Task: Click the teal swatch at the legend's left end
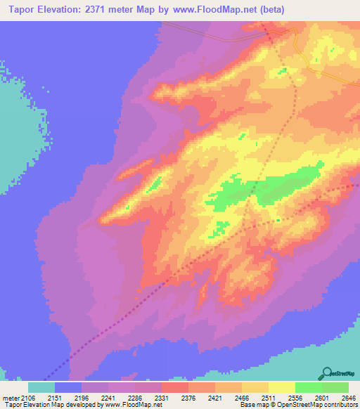[41, 387]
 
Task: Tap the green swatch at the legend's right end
[335, 387]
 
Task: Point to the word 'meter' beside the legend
[10, 398]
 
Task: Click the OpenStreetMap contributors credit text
[316, 405]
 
